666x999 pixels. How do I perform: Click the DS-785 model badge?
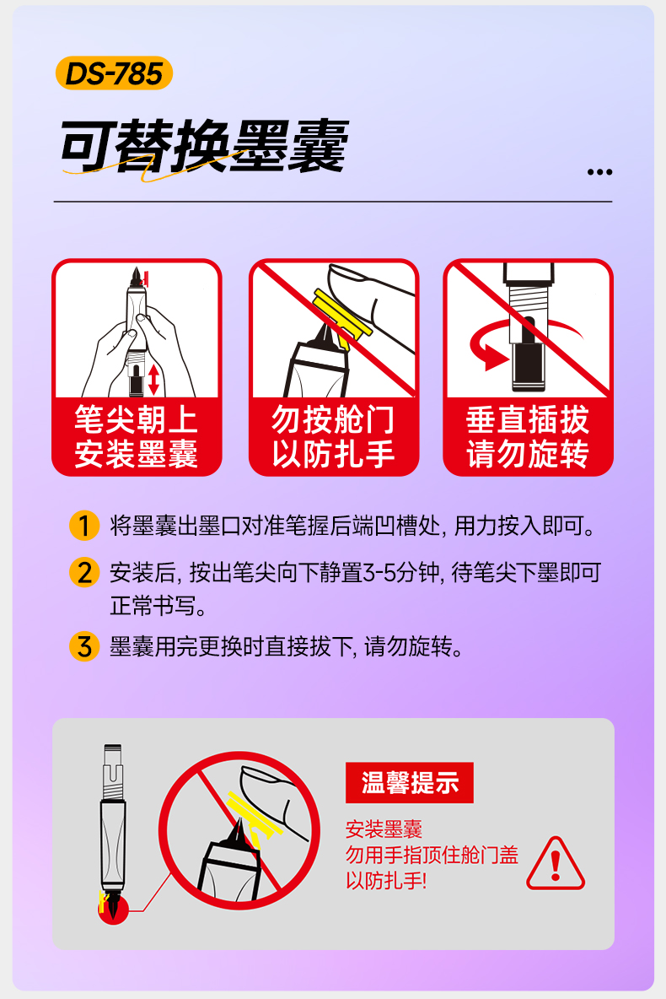pyautogui.click(x=114, y=73)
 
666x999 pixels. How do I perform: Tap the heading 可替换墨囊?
pyautogui.click(x=203, y=148)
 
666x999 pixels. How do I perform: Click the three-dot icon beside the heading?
pyautogui.click(x=599, y=172)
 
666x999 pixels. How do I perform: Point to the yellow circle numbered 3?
pyautogui.click(x=83, y=647)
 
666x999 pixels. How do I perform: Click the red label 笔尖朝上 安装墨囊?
pyautogui.click(x=137, y=437)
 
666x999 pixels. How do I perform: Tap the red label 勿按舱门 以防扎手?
pyautogui.click(x=333, y=437)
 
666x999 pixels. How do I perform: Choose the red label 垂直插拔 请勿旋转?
pyautogui.click(x=528, y=437)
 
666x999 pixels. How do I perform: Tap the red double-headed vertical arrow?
pyautogui.click(x=153, y=378)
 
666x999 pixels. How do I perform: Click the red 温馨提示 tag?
pyautogui.click(x=410, y=782)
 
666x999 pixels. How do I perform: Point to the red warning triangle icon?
pyautogui.click(x=555, y=864)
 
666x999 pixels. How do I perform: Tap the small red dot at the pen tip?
pyautogui.click(x=112, y=910)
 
